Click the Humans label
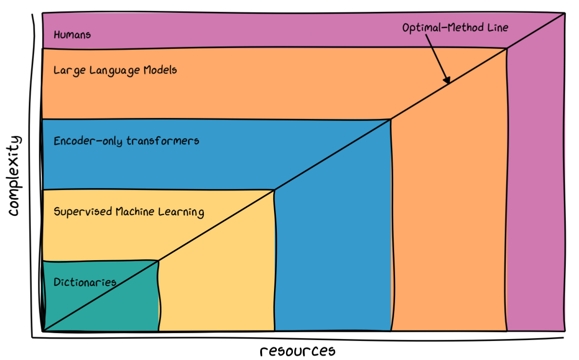72,35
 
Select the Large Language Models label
115,70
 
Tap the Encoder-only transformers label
126,140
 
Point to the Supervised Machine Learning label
128,212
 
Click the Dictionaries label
85,282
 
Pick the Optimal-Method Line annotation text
455,28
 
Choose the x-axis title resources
297,351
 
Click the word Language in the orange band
115,71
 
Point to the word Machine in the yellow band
136,212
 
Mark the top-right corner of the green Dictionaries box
158,261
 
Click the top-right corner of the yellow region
274,190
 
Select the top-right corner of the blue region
391,119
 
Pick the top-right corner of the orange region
507,48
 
